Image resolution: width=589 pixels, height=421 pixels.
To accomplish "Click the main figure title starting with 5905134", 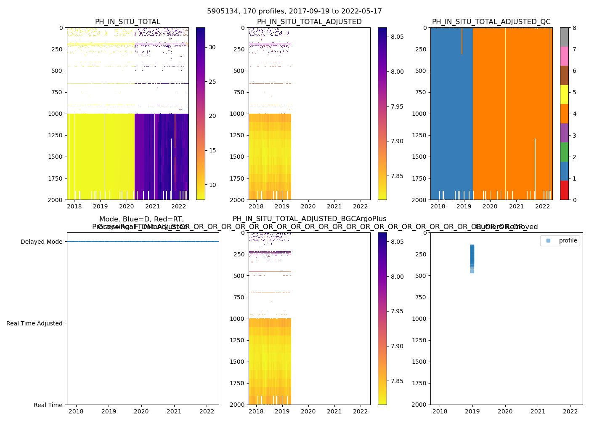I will [x=294, y=11].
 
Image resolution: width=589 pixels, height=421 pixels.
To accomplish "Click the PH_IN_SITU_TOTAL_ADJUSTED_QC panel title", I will [x=491, y=22].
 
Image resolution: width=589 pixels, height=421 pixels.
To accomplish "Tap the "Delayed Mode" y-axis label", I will [x=41, y=242].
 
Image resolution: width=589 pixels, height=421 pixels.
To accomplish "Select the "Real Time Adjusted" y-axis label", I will [x=34, y=323].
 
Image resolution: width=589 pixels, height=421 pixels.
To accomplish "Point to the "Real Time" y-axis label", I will [x=48, y=405].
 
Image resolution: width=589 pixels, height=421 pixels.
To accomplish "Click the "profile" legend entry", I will [x=568, y=240].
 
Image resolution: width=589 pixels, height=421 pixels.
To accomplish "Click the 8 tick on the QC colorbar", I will [x=574, y=28].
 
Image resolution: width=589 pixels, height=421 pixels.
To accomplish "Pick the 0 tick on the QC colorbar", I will [x=574, y=200].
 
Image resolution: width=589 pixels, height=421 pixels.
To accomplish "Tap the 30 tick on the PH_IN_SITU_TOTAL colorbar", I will [x=212, y=47].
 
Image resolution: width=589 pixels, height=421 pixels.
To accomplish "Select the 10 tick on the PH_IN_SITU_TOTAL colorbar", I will [x=212, y=185].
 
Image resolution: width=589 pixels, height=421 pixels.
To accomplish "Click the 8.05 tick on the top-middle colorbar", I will [x=397, y=37].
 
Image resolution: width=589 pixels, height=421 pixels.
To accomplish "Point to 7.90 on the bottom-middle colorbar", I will [x=397, y=346].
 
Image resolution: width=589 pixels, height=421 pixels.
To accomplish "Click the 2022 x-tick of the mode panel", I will [x=207, y=411].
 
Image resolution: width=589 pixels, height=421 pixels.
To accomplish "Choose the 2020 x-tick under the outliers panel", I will [x=505, y=411].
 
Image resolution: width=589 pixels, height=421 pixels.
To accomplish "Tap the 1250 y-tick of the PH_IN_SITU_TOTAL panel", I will [x=56, y=135].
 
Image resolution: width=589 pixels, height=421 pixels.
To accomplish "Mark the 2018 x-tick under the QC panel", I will [x=438, y=206].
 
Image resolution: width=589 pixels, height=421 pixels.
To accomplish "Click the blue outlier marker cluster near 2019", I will [x=472, y=257].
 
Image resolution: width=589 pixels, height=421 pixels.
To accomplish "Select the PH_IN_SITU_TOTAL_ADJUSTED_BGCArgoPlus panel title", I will [x=309, y=219].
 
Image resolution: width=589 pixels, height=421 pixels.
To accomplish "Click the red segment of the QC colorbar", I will [x=564, y=190].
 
